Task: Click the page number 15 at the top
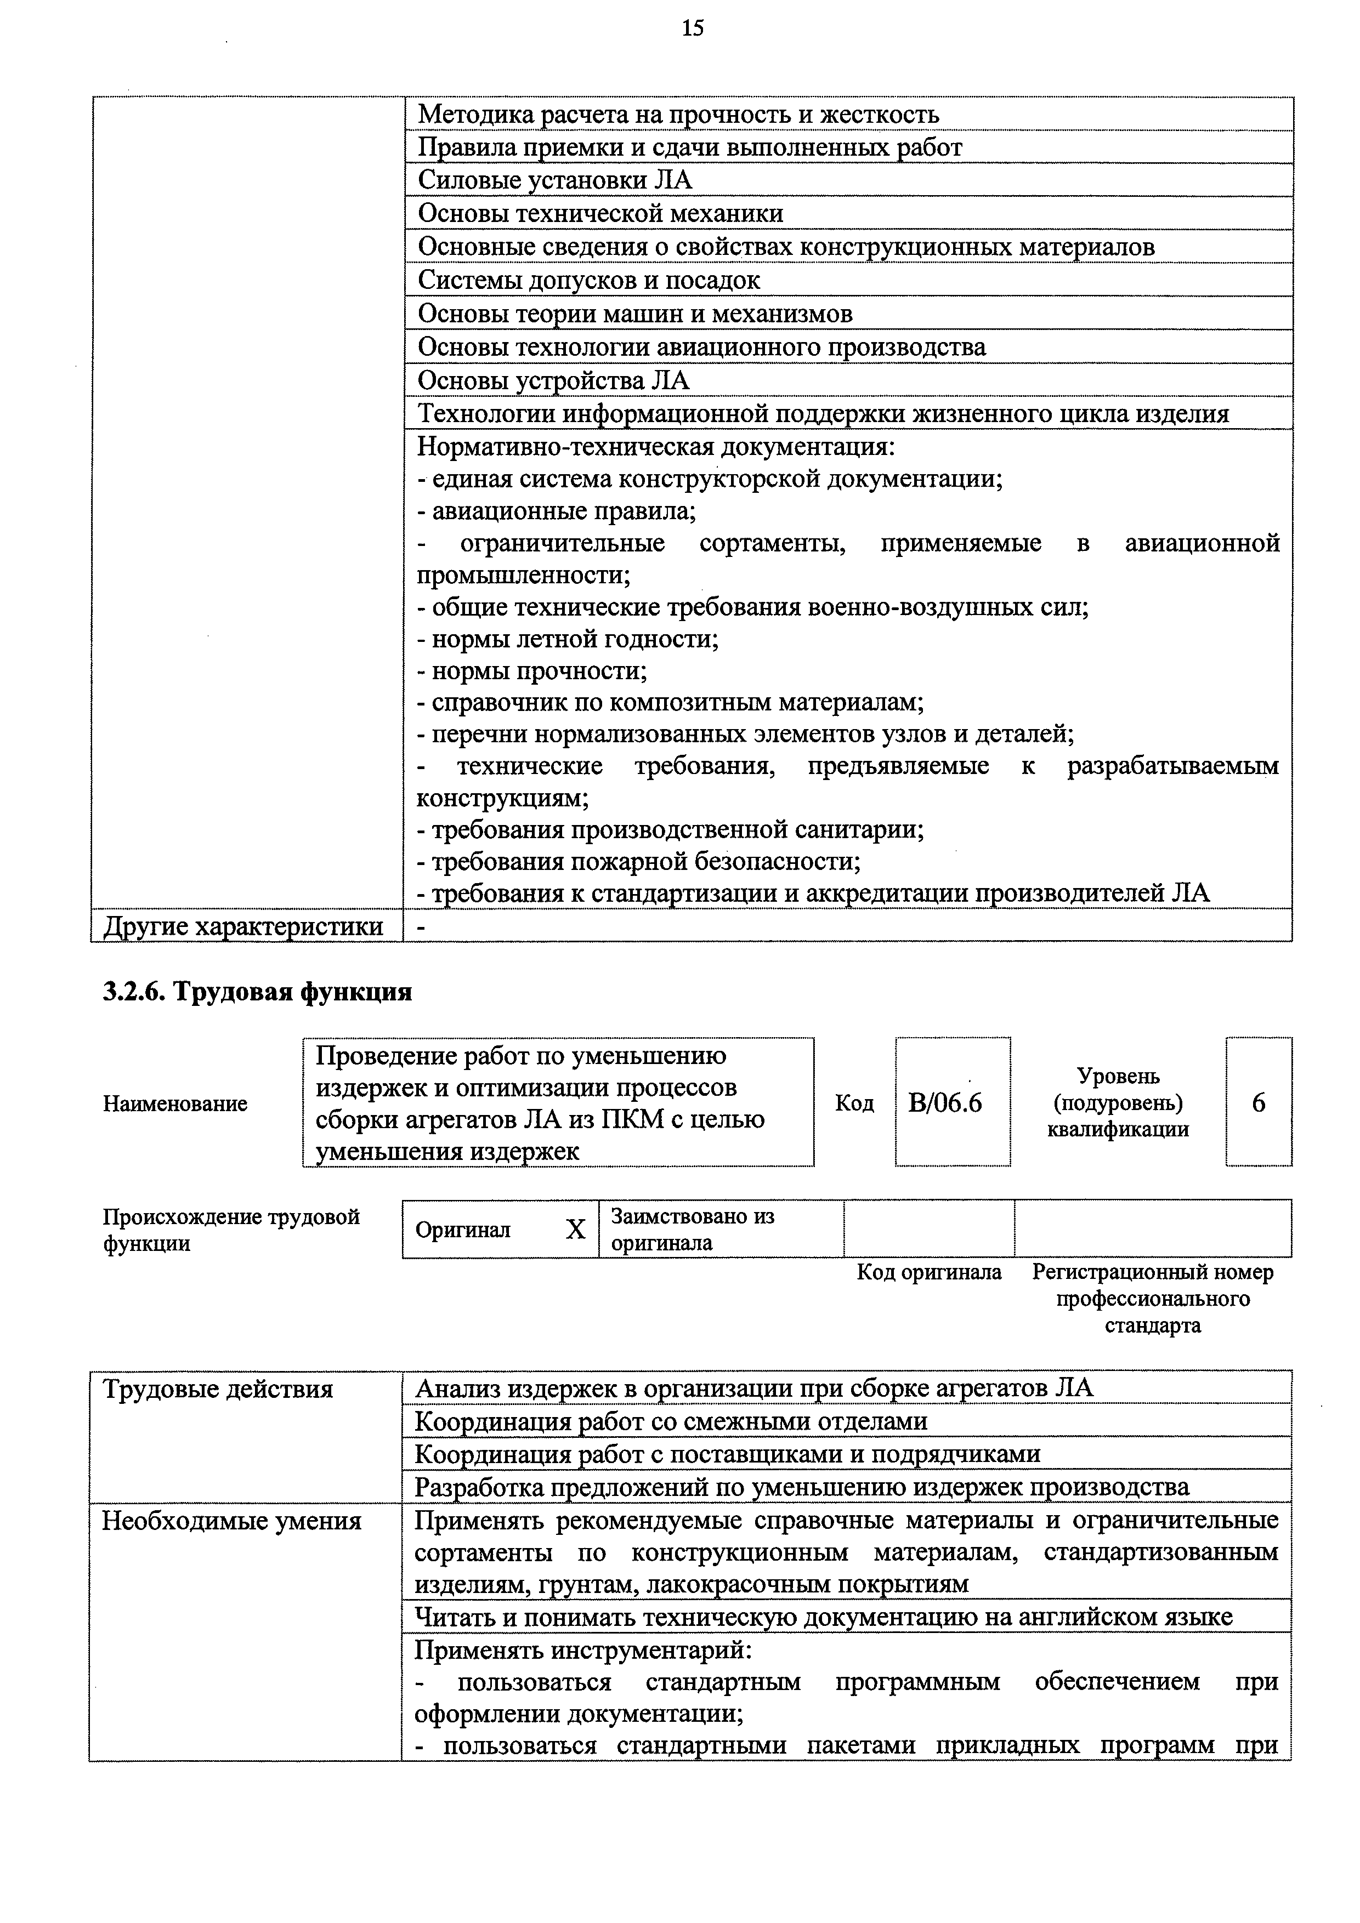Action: click(x=692, y=29)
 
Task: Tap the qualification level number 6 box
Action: click(x=1258, y=1102)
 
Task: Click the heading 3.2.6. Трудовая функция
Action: click(x=257, y=992)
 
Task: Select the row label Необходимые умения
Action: click(x=231, y=1521)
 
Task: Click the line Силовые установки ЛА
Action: click(x=555, y=180)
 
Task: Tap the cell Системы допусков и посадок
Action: click(x=589, y=280)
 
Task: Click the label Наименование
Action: click(x=175, y=1103)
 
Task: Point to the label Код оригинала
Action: click(x=928, y=1272)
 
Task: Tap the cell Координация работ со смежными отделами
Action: click(x=671, y=1421)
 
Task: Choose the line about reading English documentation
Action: click(x=824, y=1617)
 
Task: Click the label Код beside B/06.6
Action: click(x=854, y=1103)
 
